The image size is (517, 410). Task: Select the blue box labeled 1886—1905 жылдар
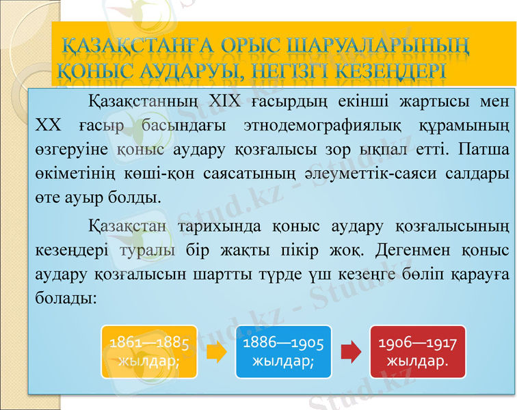click(283, 351)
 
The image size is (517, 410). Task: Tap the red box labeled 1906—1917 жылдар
click(417, 351)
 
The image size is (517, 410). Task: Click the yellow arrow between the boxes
click(216, 352)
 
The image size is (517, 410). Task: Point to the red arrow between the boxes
click(350, 352)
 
